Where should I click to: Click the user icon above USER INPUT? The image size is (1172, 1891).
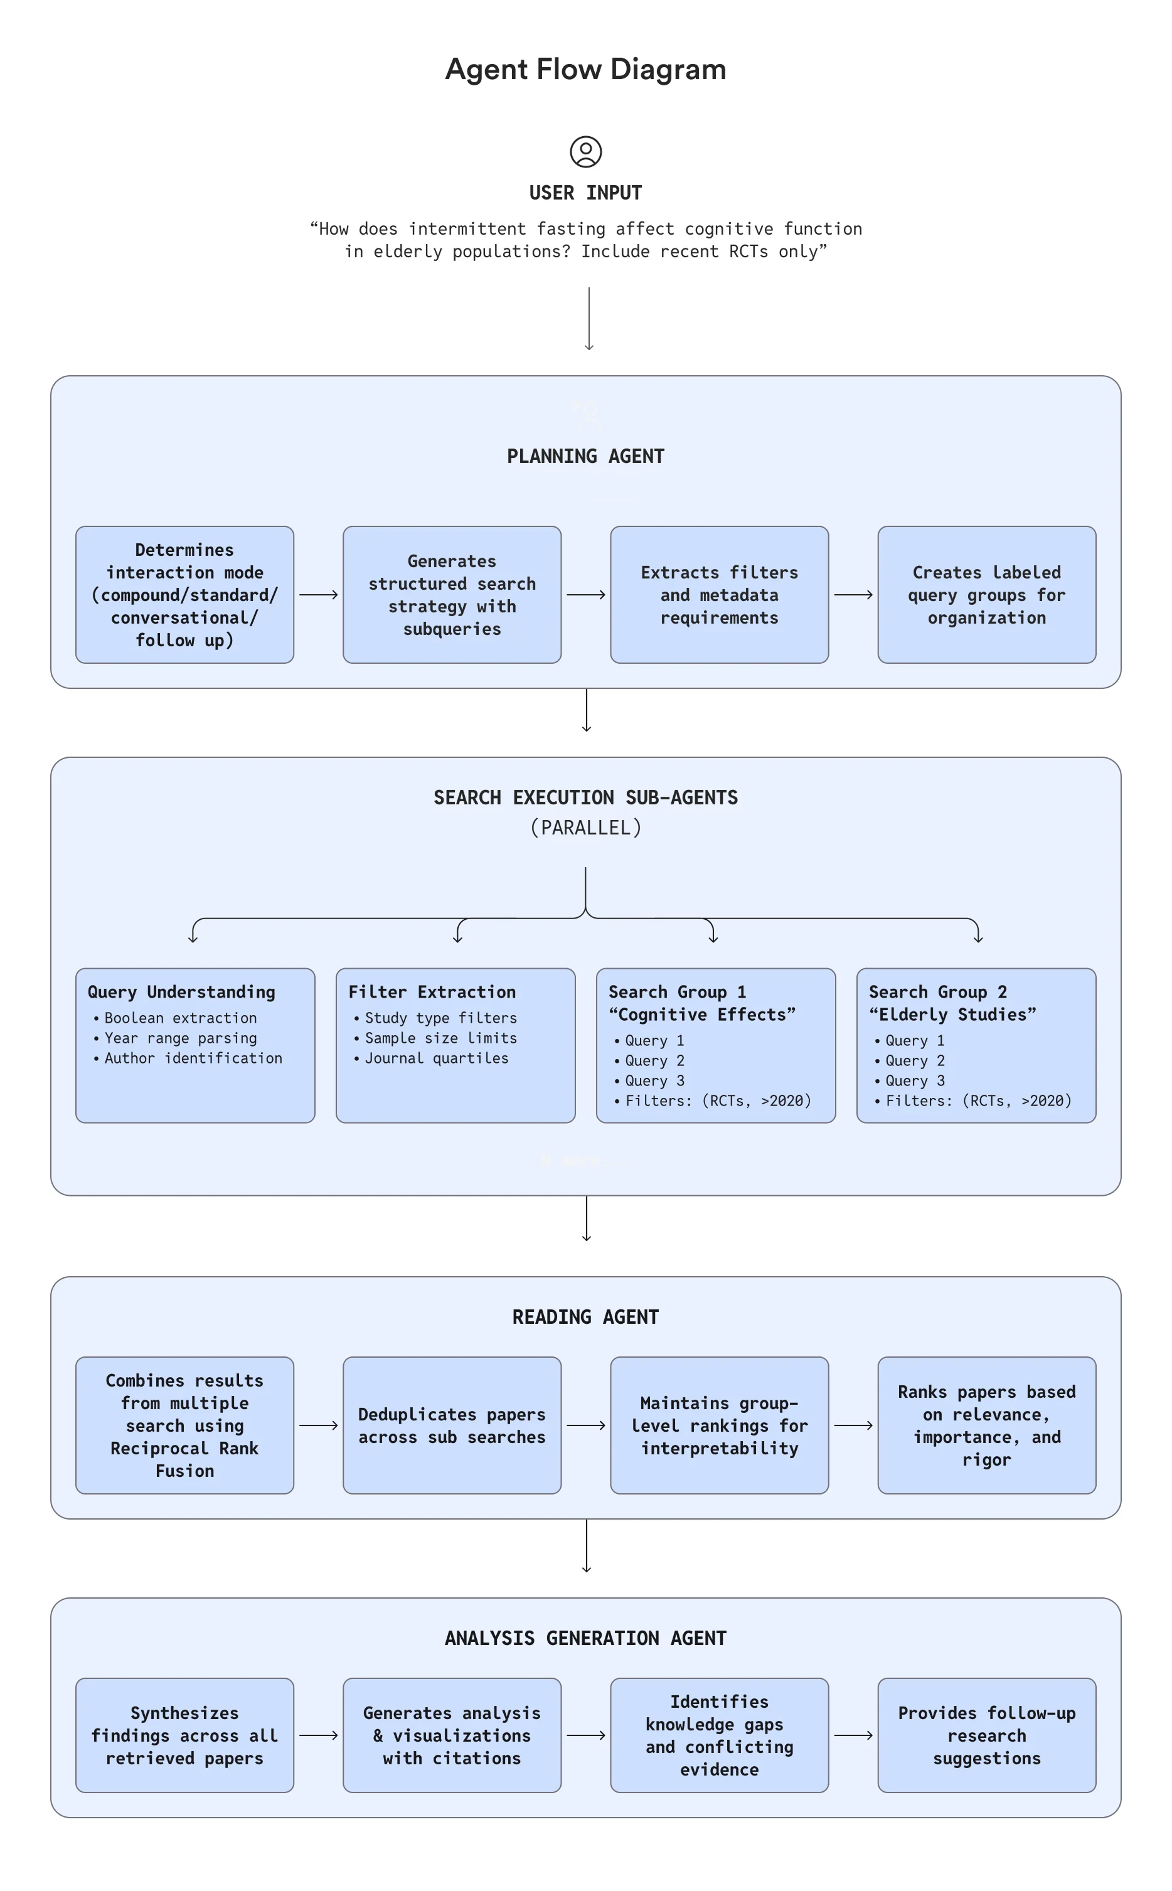coord(585,152)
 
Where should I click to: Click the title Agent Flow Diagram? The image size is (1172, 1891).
coord(585,69)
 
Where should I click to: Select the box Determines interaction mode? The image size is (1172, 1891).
coord(184,594)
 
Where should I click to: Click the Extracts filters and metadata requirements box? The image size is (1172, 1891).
coord(719,594)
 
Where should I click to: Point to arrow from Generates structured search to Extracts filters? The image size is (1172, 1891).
coord(586,594)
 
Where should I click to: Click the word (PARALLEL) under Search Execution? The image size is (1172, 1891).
coord(585,828)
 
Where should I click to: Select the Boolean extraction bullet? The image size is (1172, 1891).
coord(180,1018)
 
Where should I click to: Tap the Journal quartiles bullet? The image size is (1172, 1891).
coord(437,1058)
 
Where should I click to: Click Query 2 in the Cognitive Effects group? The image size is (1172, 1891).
coord(654,1060)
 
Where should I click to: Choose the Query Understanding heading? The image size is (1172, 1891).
coord(181,992)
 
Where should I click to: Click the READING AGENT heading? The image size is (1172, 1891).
coord(585,1317)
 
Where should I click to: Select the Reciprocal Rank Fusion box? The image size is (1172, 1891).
coord(184,1425)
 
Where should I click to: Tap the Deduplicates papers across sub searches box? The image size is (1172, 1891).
coord(452,1425)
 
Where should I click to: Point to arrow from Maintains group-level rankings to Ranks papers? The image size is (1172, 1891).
coord(853,1425)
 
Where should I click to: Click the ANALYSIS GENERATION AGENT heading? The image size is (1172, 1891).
coord(585,1638)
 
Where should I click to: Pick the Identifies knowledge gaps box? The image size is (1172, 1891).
coord(719,1735)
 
